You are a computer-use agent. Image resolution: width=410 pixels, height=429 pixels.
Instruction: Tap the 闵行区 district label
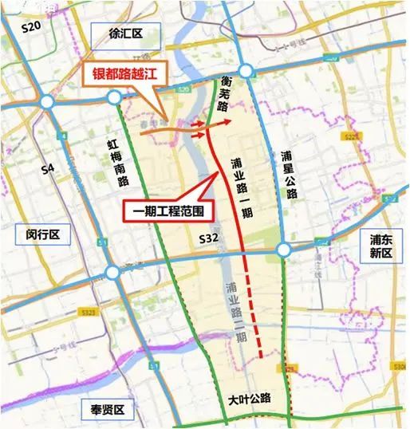pos(43,234)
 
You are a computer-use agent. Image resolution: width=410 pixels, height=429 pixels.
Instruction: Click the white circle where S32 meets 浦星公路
pos(284,251)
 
